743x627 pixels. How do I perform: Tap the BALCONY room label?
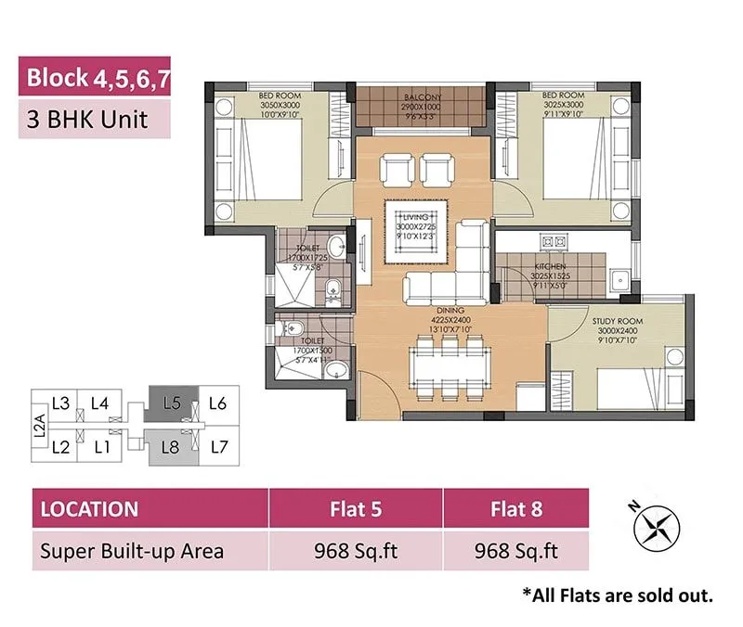pyautogui.click(x=423, y=96)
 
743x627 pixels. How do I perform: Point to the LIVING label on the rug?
pyautogui.click(x=419, y=217)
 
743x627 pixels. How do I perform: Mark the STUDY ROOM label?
pyautogui.click(x=617, y=322)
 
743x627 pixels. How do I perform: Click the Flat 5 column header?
pyautogui.click(x=356, y=509)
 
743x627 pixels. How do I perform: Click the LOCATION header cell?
pyautogui.click(x=89, y=509)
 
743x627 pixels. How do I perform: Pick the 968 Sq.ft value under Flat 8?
pyautogui.click(x=515, y=551)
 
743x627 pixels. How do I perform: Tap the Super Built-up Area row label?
pyautogui.click(x=131, y=551)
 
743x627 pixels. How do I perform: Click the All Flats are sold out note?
pyautogui.click(x=618, y=595)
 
